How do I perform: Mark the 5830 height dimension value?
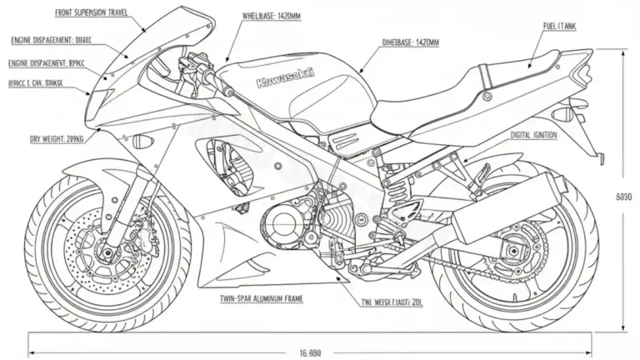(x=624, y=197)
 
